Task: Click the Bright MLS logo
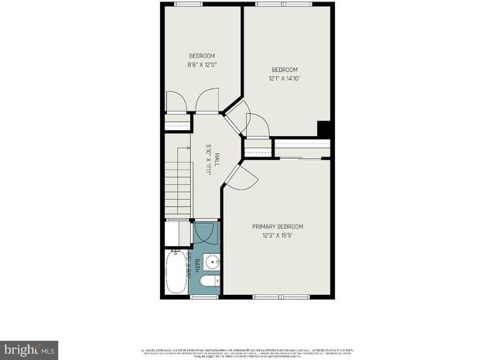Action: click(x=29, y=348)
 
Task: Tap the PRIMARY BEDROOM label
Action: click(x=278, y=226)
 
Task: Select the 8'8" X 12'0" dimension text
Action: click(x=202, y=64)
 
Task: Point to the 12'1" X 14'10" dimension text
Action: click(x=285, y=78)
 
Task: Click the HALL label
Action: click(x=217, y=159)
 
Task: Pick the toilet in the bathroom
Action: click(x=207, y=285)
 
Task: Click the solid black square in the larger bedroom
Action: click(x=325, y=129)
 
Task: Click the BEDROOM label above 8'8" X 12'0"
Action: click(x=202, y=56)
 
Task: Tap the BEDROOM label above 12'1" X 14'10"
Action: click(x=285, y=70)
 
